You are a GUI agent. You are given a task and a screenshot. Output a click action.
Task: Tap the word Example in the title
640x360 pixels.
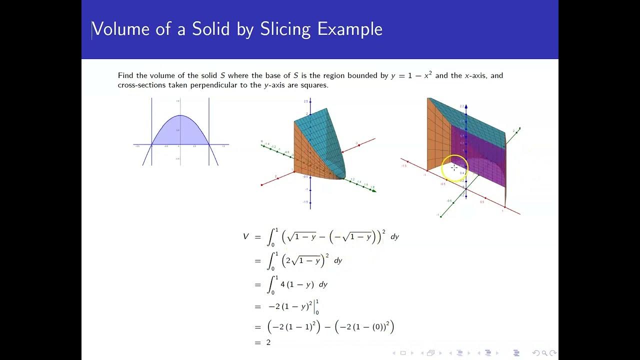pyautogui.click(x=350, y=29)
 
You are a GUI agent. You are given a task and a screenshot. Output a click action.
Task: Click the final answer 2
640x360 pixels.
pyautogui.click(x=268, y=342)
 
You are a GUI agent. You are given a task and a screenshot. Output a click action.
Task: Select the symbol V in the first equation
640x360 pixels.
pyautogui.click(x=245, y=236)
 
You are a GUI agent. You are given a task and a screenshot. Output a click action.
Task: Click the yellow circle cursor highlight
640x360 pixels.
pyautogui.click(x=454, y=168)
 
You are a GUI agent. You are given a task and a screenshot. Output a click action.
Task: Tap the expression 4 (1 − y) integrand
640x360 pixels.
pyautogui.click(x=297, y=284)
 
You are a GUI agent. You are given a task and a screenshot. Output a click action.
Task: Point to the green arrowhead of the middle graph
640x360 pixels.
pyautogui.click(x=373, y=190)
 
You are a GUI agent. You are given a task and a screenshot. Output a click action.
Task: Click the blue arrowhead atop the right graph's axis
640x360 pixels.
pyautogui.click(x=466, y=107)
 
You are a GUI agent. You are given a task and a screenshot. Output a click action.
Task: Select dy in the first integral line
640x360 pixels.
pyautogui.click(x=394, y=236)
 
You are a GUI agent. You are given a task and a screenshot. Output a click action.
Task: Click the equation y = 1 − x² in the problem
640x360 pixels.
pyautogui.click(x=411, y=75)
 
